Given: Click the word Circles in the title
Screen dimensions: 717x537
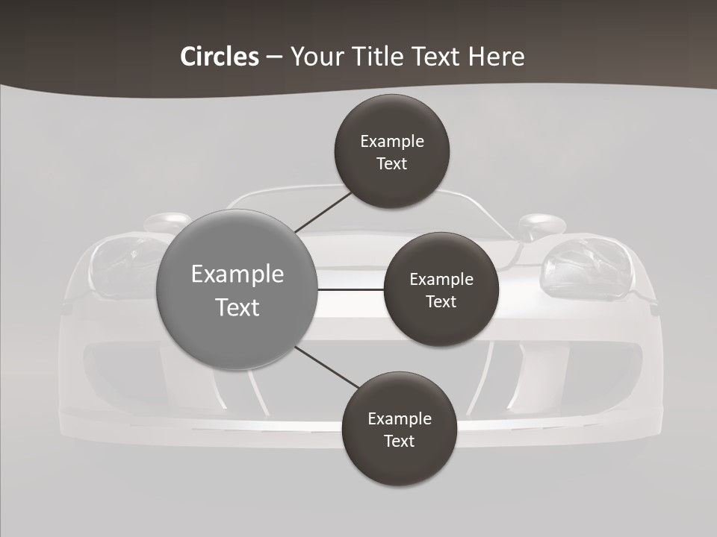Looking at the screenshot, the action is coord(219,56).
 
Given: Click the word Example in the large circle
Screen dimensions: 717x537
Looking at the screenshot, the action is coord(238,274).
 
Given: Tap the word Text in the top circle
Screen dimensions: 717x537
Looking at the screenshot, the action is coord(391,163).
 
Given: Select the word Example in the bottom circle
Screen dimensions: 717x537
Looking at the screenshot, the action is coord(400,418).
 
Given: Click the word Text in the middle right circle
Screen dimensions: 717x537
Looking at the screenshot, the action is coord(441,301).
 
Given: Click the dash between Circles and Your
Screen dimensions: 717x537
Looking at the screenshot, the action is coord(274,57).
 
